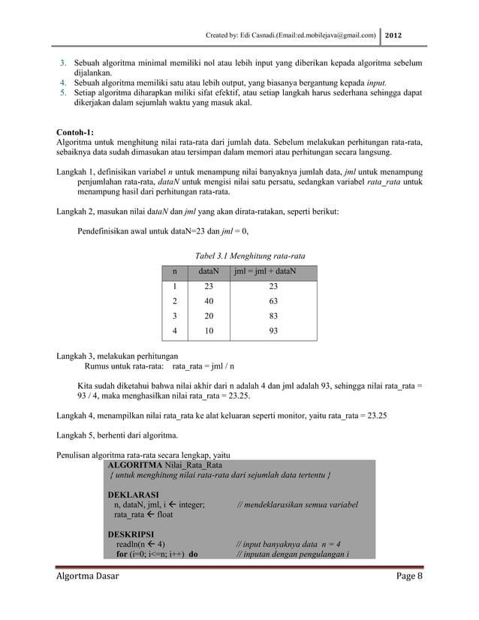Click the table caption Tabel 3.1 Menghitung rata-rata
click(239, 254)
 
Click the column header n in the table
click(175, 270)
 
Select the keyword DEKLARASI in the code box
click(133, 495)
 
